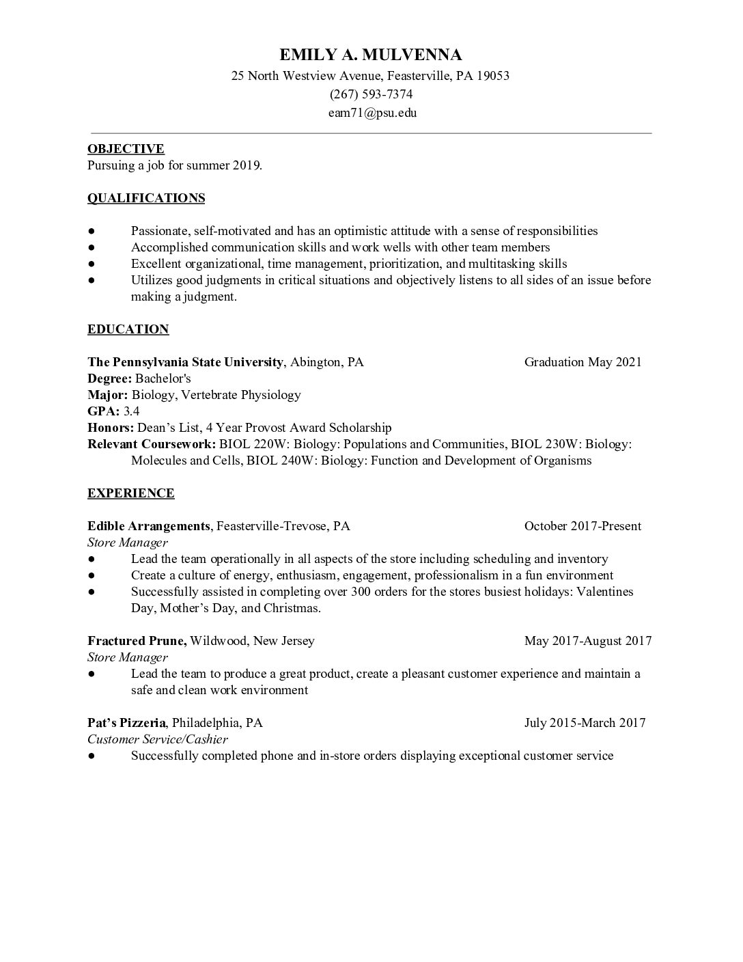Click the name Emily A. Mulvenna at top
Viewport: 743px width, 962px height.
(371, 55)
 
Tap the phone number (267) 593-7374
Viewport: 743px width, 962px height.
(371, 94)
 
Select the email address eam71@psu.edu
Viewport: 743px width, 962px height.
(372, 113)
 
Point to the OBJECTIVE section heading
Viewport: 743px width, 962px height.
(126, 149)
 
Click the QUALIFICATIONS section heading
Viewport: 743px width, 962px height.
(146, 198)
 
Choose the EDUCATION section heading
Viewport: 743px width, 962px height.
(128, 329)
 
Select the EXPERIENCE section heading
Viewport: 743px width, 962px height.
(130, 493)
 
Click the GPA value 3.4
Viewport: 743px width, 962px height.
(131, 411)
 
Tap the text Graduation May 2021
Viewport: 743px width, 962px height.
(583, 362)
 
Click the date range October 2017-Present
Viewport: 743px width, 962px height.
(583, 526)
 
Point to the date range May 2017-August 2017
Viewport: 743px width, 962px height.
(587, 641)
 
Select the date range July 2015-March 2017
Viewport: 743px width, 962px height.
(585, 723)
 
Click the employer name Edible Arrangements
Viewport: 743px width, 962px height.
(148, 526)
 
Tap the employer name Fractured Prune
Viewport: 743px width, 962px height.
(137, 641)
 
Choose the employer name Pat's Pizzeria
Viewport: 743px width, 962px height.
(126, 723)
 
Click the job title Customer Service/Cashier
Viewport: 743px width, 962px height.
(158, 739)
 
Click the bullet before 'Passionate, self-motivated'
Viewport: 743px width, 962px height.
(92, 232)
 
